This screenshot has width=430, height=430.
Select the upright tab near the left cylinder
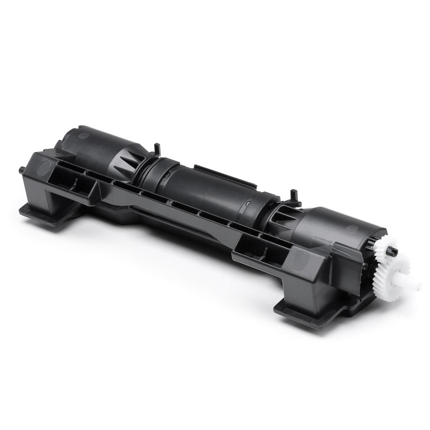[x=157, y=149]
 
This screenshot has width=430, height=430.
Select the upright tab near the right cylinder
[x=294, y=196]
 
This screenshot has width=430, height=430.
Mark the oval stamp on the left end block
[x=42, y=167]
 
